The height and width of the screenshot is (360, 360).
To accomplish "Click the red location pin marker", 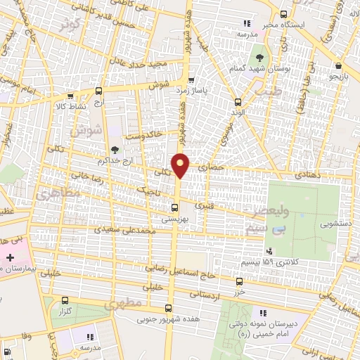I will pos(181,165).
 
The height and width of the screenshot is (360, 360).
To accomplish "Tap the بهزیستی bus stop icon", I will pos(175,207).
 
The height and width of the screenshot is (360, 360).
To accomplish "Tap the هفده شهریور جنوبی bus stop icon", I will pos(167,308).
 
